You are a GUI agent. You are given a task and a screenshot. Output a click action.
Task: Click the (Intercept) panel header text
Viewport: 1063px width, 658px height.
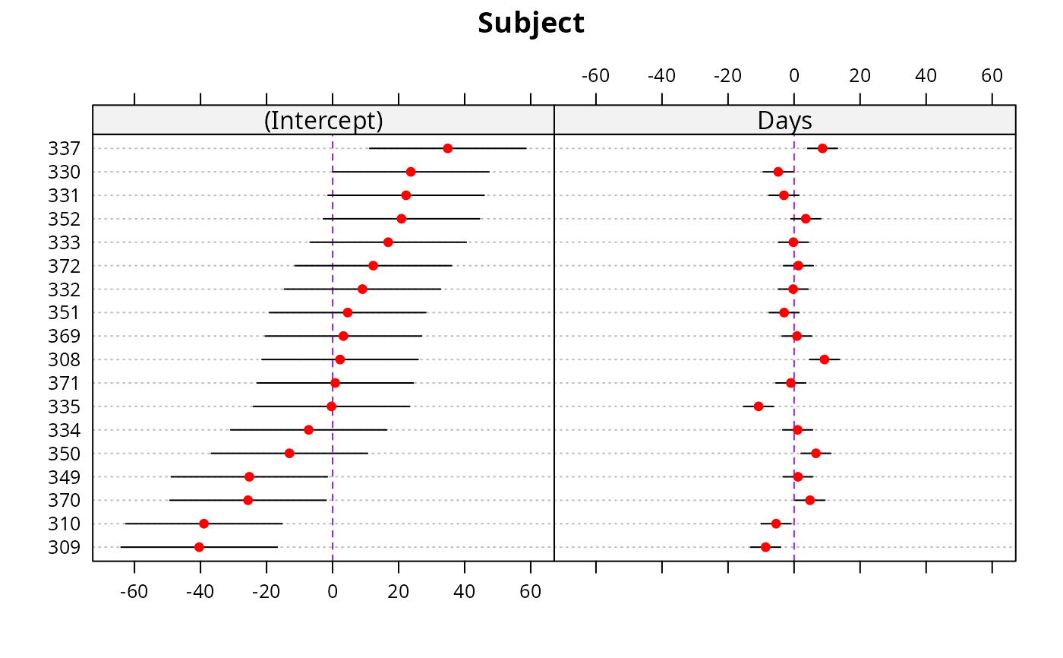[323, 121]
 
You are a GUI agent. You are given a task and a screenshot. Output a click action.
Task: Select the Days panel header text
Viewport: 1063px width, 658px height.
[784, 121]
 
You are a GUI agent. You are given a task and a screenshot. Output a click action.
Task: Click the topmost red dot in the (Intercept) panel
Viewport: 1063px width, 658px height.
[447, 148]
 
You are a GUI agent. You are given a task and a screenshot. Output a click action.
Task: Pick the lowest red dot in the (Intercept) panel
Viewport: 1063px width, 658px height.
[199, 547]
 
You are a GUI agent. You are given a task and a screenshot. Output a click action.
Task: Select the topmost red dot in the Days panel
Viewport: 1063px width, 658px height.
[822, 148]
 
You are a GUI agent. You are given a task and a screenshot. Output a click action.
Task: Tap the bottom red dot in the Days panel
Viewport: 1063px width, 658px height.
[765, 547]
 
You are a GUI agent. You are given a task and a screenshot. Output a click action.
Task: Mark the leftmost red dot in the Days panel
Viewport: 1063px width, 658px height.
[759, 407]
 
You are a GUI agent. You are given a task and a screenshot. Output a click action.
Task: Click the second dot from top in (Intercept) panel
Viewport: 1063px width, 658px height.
[411, 172]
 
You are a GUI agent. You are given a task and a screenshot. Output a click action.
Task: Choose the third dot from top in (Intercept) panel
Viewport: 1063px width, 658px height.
[406, 195]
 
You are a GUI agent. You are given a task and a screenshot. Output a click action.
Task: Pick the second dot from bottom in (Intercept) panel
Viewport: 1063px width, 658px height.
[203, 524]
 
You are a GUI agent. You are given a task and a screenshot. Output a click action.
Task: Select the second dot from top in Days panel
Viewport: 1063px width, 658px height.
[778, 172]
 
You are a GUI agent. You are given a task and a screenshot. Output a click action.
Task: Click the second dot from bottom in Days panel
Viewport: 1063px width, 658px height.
[775, 524]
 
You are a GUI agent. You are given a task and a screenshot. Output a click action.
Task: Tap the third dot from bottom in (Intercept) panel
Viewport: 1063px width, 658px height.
[248, 500]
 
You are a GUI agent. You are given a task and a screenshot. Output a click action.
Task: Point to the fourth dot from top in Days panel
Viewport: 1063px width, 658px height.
[806, 219]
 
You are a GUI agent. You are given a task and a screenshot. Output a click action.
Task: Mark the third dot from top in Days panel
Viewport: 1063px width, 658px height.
[784, 195]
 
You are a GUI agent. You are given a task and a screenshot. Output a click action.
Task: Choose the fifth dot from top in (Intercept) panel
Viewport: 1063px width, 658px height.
[388, 242]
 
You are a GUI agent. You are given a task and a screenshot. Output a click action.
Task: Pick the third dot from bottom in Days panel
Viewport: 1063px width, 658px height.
[810, 500]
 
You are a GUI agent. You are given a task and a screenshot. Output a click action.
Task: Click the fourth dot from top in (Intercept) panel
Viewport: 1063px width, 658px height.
[402, 219]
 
